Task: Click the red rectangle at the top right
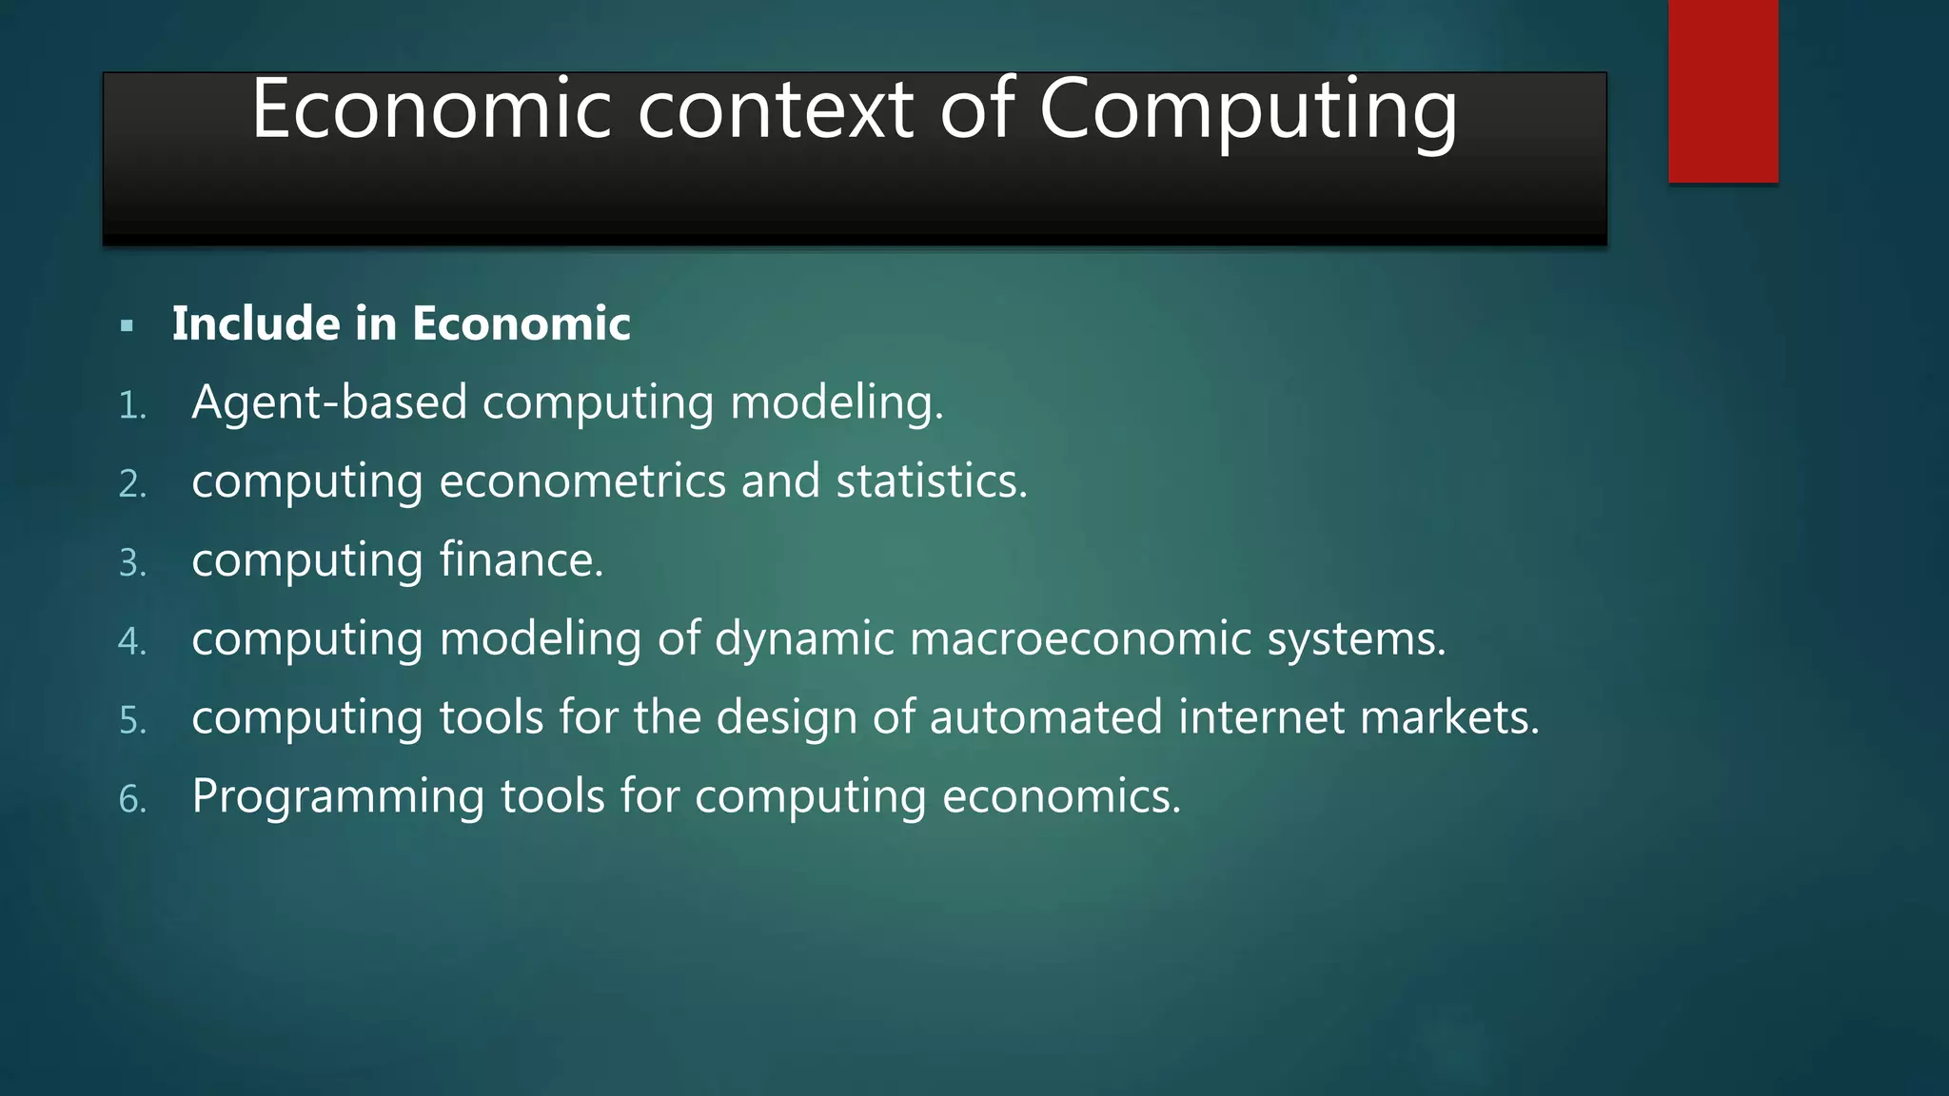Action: click(x=1723, y=91)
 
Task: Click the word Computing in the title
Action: click(x=1248, y=112)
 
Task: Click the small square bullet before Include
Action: click(x=128, y=326)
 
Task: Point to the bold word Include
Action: click(x=256, y=323)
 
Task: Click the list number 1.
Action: click(x=132, y=406)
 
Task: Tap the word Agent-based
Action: click(x=329, y=402)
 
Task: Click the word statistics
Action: click(x=931, y=480)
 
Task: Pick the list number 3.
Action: click(x=132, y=563)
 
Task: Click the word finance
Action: click(x=521, y=559)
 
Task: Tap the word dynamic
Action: click(x=804, y=639)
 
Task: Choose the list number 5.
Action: click(x=132, y=721)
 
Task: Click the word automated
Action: click(x=1045, y=717)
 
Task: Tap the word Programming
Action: click(x=338, y=797)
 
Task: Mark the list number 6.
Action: click(x=132, y=800)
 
